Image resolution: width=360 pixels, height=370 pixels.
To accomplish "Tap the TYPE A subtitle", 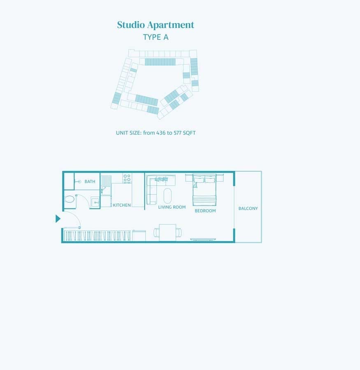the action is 156,37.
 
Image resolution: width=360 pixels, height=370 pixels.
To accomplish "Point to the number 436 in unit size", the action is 161,133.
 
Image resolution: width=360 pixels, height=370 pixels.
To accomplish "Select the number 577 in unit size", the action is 178,133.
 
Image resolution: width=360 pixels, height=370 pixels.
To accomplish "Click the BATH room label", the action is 90,181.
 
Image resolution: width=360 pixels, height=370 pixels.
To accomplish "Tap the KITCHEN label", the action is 122,205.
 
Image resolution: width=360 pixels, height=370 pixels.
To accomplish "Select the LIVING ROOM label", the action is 172,207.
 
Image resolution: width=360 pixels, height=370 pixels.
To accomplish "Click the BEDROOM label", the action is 205,211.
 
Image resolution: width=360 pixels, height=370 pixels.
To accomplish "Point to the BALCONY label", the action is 248,208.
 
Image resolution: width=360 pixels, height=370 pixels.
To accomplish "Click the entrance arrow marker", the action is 58,219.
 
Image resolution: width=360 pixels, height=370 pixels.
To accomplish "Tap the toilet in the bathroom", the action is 69,200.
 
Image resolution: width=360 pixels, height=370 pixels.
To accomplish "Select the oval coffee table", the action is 167,196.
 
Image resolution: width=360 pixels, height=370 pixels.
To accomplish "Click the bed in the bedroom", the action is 204,190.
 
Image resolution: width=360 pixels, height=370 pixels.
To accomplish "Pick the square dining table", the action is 167,232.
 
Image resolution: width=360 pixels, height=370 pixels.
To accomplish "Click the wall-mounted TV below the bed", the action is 203,240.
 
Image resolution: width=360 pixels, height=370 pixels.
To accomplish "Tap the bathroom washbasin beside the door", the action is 95,202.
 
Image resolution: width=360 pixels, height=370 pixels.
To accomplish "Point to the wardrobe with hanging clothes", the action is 98,236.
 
